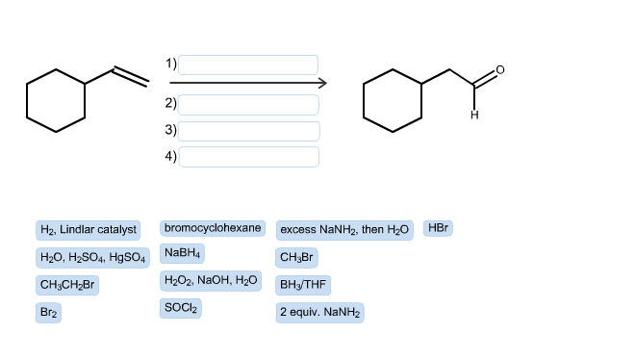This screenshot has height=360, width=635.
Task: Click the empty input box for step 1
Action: (248, 64)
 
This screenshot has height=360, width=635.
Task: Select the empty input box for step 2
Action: (248, 104)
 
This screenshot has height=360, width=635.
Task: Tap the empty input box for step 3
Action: (248, 130)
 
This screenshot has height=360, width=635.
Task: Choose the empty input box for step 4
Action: (248, 156)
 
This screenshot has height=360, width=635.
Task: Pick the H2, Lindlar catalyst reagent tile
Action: (88, 230)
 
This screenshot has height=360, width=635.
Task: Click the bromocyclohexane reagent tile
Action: (213, 228)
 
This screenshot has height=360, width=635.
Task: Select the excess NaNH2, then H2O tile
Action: (344, 230)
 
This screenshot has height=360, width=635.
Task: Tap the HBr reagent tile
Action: (438, 228)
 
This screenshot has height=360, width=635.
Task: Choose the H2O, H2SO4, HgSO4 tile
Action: (92, 258)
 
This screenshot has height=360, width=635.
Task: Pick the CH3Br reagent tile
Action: (296, 258)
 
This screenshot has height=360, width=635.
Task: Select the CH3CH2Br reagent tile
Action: (66, 285)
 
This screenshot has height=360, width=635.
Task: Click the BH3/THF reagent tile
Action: (303, 285)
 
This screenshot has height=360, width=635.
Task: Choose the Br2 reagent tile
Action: (49, 313)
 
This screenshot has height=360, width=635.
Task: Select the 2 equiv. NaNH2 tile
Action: (319, 313)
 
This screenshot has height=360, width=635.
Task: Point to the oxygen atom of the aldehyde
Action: (498, 69)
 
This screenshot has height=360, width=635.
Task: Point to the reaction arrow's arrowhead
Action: (322, 83)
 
